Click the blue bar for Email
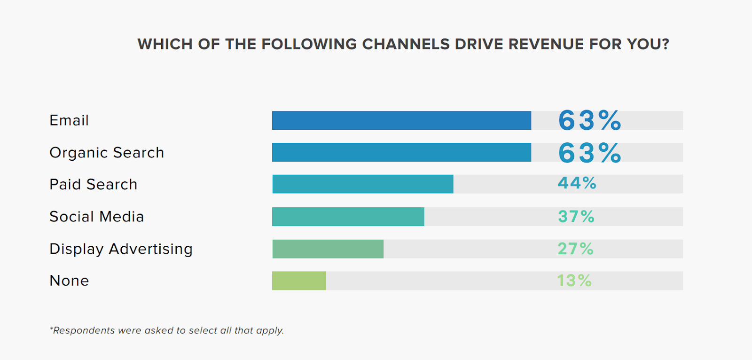(401, 120)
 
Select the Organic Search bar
(401, 152)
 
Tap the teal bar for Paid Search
(363, 184)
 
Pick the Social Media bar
(348, 217)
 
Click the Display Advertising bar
(328, 249)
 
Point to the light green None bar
(299, 281)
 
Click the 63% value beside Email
(589, 120)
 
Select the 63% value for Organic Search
(589, 153)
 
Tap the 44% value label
(577, 183)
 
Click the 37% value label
(576, 217)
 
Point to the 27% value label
(576, 249)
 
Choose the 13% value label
(574, 281)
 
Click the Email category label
(69, 120)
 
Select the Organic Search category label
(107, 153)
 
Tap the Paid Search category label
(94, 184)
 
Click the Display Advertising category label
(121, 249)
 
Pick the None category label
(69, 281)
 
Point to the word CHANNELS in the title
(406, 44)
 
